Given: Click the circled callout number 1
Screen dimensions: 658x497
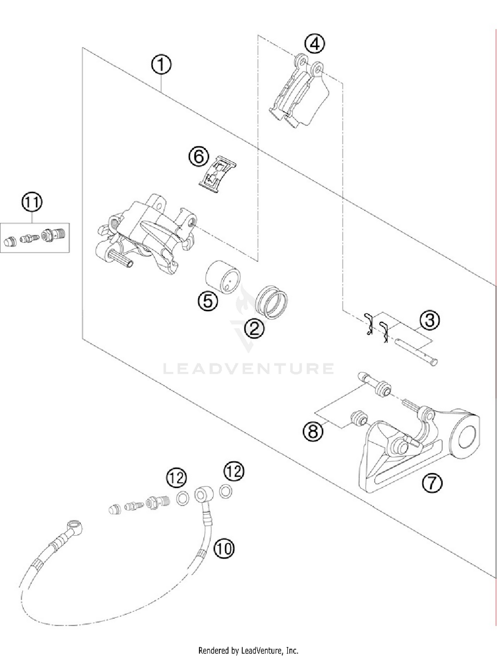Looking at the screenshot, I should tap(161, 65).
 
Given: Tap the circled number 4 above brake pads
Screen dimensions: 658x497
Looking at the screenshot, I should tap(314, 44).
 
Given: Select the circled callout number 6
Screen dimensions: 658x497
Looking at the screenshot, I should tap(199, 156).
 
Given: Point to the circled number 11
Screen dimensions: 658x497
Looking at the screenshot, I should tap(32, 202).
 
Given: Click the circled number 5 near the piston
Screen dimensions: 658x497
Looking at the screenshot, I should tap(208, 301).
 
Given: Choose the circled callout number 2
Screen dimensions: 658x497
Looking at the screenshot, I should tap(254, 329).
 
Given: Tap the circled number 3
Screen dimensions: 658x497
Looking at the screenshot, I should tap(430, 320).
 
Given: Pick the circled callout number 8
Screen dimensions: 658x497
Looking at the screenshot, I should tap(313, 432).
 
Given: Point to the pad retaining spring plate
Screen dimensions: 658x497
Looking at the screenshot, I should tap(218, 174).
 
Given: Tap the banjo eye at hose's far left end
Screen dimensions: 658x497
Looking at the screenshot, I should tap(74, 525).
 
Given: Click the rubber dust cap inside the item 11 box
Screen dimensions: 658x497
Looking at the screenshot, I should tap(10, 241).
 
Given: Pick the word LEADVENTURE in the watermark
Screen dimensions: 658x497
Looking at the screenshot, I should tap(248, 369).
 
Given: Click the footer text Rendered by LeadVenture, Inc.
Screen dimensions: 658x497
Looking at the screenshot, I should tap(248, 650).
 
